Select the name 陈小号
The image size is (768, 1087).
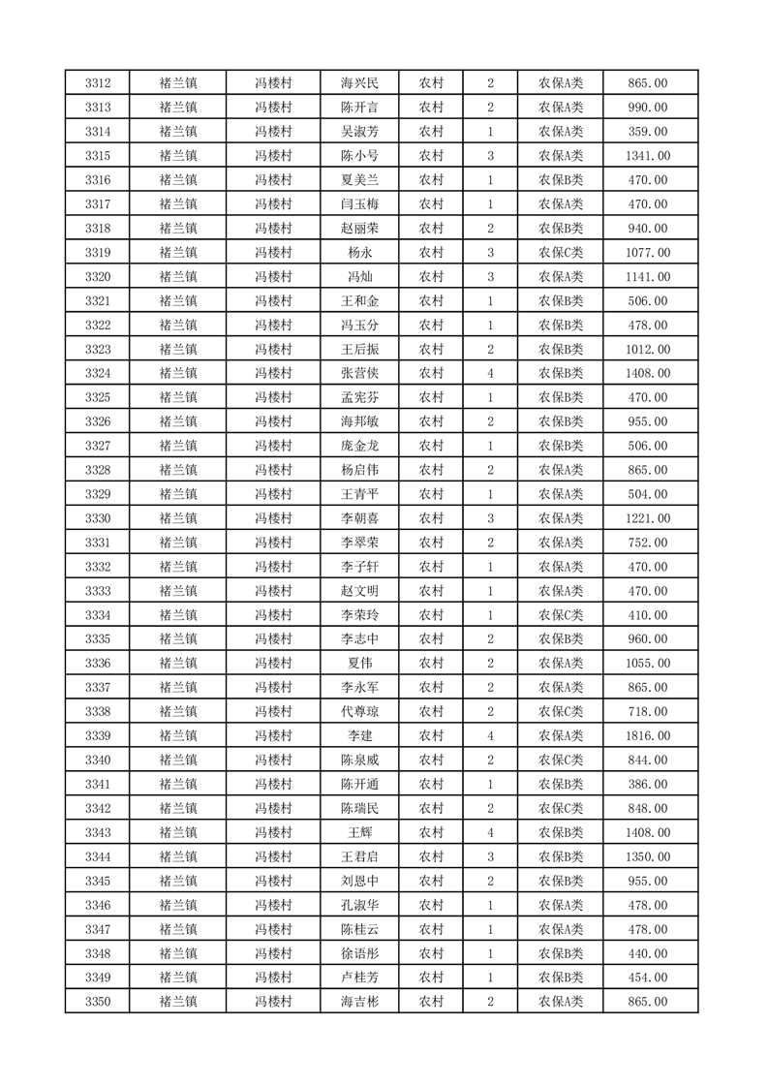[359, 156]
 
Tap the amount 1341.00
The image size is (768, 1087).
[647, 156]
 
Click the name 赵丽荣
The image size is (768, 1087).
[359, 229]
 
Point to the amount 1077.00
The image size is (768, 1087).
[647, 253]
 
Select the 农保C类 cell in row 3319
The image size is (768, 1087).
[560, 253]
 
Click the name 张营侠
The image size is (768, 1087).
[359, 373]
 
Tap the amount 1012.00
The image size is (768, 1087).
[647, 349]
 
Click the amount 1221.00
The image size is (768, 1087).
[647, 518]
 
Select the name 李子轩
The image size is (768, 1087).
[359, 567]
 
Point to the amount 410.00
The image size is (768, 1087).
[647, 615]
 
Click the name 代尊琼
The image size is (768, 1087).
[359, 711]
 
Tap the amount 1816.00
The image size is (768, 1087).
[647, 735]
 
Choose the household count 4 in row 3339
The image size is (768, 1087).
[491, 735]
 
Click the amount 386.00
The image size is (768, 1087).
[647, 784]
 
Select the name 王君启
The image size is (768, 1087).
[359, 856]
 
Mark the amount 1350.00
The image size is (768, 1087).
[647, 856]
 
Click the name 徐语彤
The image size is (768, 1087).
[359, 953]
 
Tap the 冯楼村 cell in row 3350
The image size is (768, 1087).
[273, 1002]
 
